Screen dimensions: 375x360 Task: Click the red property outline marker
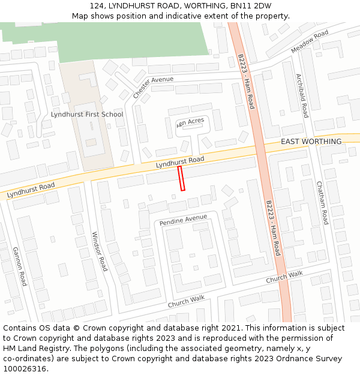181,179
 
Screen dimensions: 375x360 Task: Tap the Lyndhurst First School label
87,114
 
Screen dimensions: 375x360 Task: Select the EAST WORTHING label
311,142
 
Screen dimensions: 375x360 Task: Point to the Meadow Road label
310,41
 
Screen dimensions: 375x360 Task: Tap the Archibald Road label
301,95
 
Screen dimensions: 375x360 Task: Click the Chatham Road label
322,203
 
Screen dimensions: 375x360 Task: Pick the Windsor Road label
100,251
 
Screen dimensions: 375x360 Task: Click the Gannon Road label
20,266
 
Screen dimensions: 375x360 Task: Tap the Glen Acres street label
191,122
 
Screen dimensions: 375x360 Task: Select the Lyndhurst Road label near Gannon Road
31,191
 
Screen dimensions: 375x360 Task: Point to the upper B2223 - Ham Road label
246,82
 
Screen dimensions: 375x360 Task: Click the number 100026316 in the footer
25,368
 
